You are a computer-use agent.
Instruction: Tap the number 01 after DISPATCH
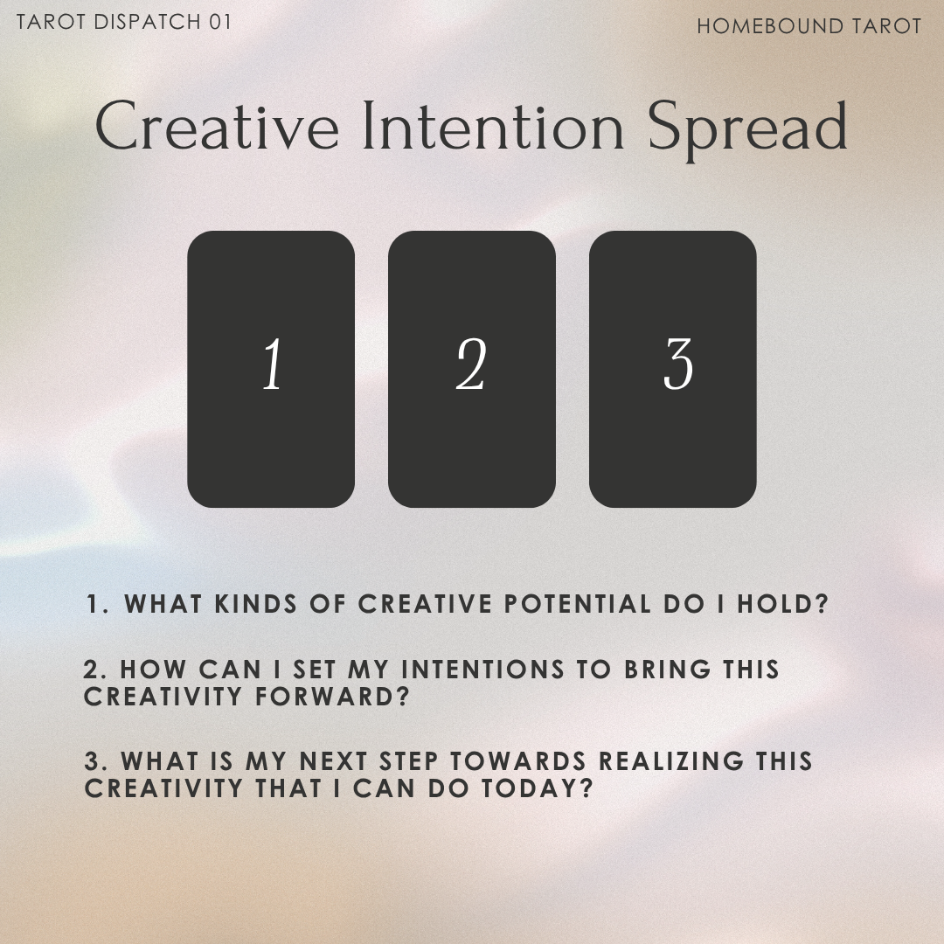220,22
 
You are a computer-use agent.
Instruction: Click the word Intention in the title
493,128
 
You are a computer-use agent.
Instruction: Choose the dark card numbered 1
271,369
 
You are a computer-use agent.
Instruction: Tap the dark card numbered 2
472,369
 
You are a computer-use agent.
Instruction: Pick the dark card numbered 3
673,369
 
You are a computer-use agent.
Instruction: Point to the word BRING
663,670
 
